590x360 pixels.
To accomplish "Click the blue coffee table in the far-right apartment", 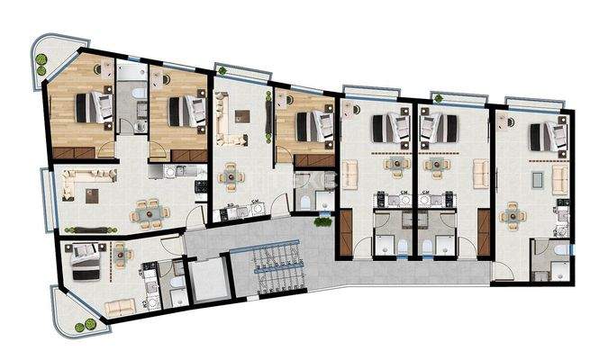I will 537,179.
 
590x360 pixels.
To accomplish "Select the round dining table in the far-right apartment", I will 512,214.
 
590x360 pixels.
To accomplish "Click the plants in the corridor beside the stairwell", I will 322,222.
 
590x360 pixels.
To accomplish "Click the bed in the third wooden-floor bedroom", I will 309,125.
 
